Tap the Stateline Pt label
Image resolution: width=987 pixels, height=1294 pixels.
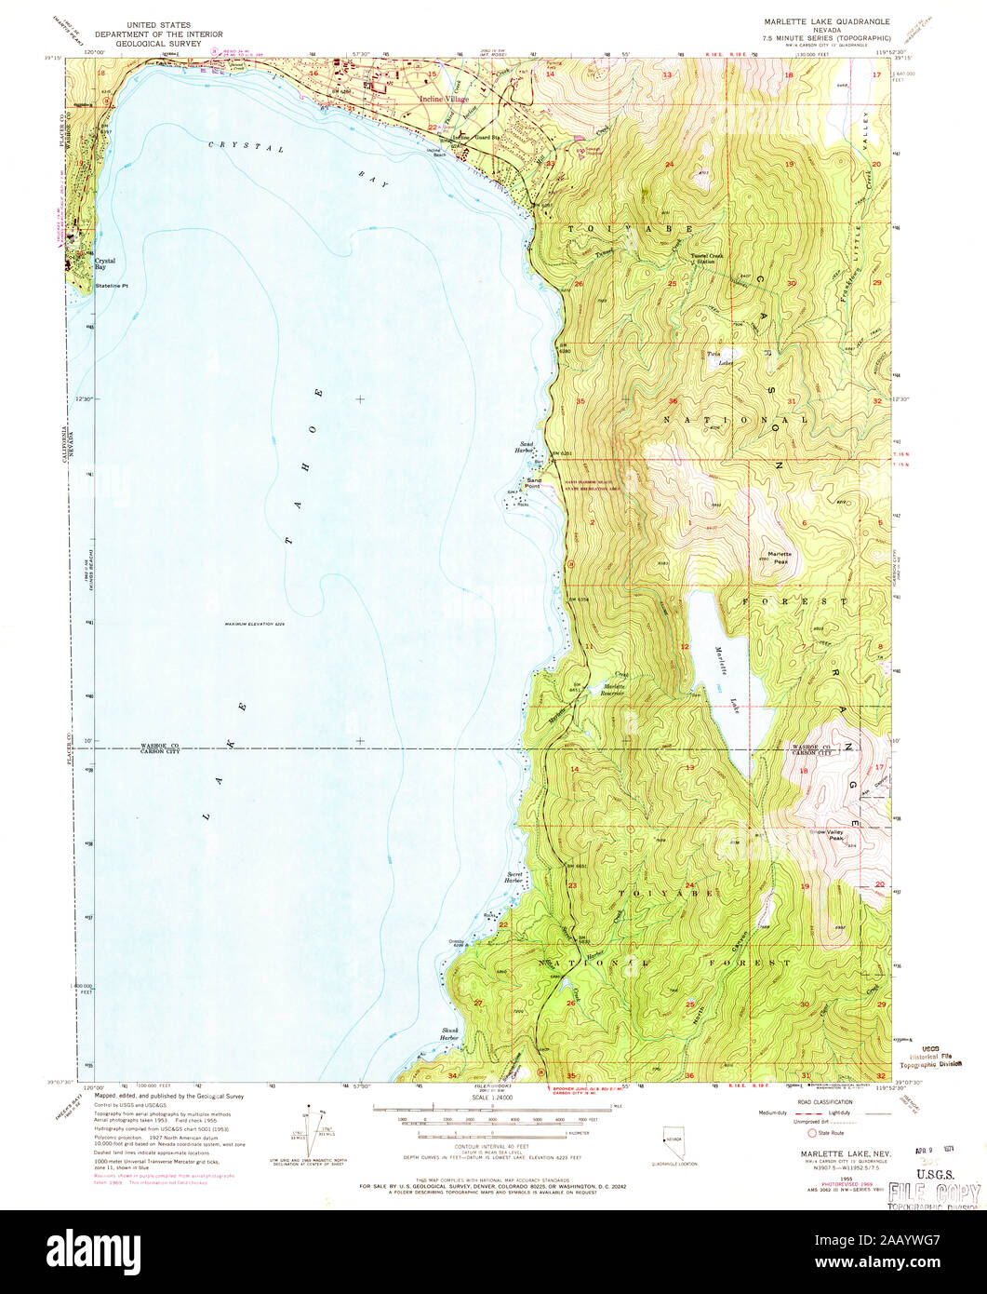(115, 286)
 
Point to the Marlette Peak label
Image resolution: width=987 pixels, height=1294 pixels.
(778, 558)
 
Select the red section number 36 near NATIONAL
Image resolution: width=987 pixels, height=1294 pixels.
(673, 401)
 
